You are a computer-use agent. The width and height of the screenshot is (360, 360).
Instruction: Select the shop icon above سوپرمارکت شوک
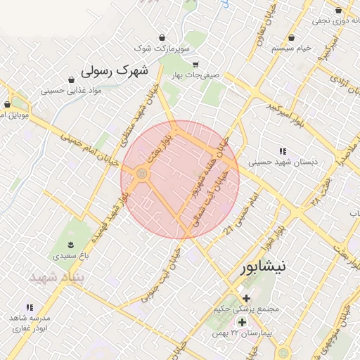(163, 37)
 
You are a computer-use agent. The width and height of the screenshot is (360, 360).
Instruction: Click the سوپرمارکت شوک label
(162, 49)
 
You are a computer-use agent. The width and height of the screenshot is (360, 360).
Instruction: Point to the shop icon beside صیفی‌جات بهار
(198, 64)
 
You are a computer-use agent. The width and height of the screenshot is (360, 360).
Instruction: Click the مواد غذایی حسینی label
(72, 90)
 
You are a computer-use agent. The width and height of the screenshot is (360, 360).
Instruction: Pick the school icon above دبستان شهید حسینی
(283, 151)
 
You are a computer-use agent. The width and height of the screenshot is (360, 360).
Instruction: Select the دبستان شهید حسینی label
(283, 162)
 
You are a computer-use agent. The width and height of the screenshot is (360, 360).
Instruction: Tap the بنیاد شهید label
(56, 277)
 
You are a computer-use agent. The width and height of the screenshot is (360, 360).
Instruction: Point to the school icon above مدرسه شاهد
(30, 307)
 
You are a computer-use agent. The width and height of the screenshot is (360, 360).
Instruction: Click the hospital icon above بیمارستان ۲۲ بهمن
(243, 321)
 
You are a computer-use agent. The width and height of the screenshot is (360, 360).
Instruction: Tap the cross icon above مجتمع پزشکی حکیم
(246, 298)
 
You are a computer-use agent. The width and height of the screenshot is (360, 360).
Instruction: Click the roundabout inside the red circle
(142, 173)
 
